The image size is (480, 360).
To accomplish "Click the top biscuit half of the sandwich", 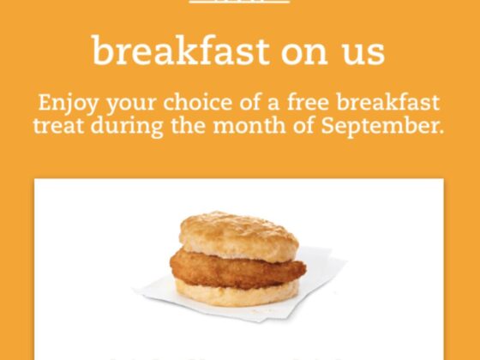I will (238, 234).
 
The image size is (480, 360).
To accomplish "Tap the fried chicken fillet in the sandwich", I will (238, 269).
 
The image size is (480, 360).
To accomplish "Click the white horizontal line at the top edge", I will (239, 2).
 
